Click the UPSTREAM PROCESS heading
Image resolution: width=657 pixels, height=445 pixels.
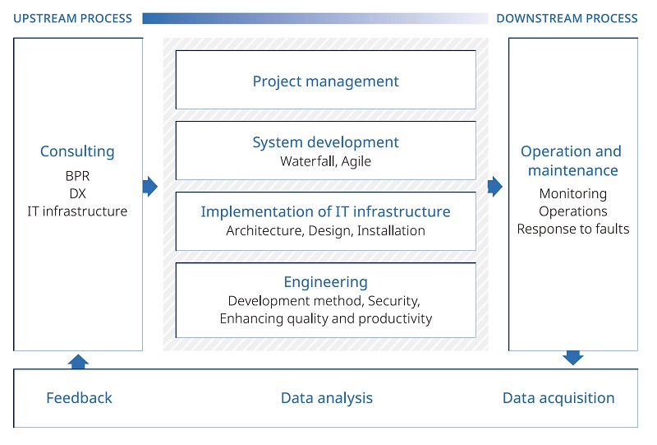72,18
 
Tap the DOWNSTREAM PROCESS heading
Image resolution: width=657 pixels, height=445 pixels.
567,18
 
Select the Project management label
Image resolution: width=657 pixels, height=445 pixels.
325,81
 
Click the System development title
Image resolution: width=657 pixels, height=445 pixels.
325,142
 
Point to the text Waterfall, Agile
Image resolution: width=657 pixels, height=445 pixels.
325,161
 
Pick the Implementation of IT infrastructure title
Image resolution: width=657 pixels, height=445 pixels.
325,211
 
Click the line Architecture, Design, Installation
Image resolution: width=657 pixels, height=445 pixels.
325,231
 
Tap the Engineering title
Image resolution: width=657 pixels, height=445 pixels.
325,282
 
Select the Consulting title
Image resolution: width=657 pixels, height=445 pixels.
77,151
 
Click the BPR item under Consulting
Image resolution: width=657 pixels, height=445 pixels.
77,176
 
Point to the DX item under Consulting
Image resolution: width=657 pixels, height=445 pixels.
77,193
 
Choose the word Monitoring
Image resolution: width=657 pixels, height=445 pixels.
572,194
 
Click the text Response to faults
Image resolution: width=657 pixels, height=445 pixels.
572,229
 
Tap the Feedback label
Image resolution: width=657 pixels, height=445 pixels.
79,398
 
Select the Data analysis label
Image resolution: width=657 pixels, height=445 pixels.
327,398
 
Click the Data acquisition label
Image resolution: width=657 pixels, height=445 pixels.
558,398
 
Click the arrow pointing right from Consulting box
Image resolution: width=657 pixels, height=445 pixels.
150,187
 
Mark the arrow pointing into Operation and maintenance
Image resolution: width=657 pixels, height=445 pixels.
495,187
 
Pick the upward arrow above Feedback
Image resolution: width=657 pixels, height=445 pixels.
78,362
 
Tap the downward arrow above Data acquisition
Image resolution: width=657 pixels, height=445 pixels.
572,358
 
